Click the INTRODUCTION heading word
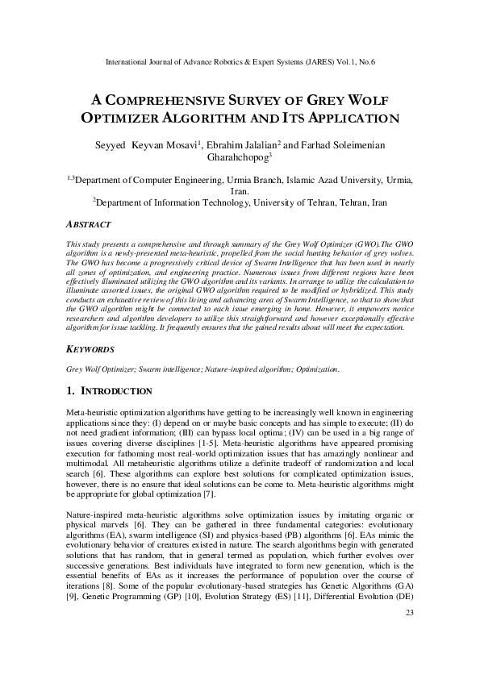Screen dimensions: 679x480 114,391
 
